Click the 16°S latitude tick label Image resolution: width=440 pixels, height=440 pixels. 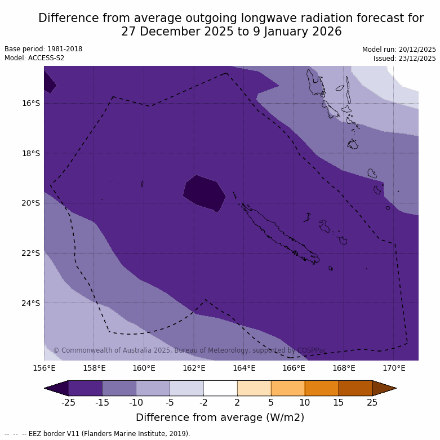(31, 103)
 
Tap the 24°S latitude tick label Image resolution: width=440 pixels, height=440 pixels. (31, 303)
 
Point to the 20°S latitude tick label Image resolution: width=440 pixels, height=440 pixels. (31, 203)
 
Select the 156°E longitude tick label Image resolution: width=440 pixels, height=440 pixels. (44, 368)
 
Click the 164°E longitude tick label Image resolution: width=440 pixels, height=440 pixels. (244, 368)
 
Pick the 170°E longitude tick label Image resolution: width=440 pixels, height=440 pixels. (394, 368)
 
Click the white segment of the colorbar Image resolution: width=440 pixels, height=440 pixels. (220, 388)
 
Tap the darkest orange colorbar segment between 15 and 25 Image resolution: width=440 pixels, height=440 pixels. (355, 388)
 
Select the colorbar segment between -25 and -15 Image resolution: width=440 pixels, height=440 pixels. (85, 388)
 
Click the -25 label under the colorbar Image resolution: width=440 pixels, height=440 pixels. (68, 402)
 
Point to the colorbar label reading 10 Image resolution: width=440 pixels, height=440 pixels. (305, 402)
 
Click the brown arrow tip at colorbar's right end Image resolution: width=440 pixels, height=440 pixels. (384, 388)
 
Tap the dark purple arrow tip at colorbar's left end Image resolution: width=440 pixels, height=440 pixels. (56, 388)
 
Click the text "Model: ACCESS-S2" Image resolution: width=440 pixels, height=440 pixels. (34, 58)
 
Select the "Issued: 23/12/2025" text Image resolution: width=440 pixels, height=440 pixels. (405, 59)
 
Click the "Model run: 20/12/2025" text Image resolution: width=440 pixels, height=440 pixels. (399, 50)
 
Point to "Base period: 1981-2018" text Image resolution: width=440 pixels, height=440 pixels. (43, 49)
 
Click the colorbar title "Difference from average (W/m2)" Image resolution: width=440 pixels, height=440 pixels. (220, 417)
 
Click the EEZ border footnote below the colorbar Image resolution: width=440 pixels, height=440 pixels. (97, 434)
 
